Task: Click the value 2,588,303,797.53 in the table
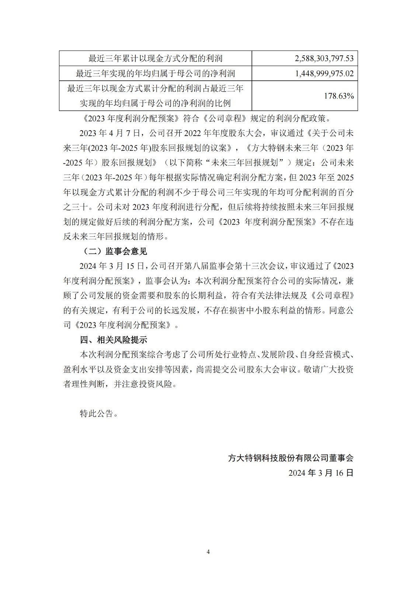coord(324,58)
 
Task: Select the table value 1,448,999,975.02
coord(324,73)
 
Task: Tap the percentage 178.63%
coord(339,96)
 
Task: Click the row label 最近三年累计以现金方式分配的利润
coord(156,58)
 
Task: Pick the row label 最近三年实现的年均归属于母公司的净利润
coord(156,73)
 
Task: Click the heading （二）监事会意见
coord(113,251)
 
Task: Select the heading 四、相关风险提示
coord(114,340)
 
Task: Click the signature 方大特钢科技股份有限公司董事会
coord(291,458)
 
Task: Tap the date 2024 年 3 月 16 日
coord(321,473)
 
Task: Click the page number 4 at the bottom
coord(208,552)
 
